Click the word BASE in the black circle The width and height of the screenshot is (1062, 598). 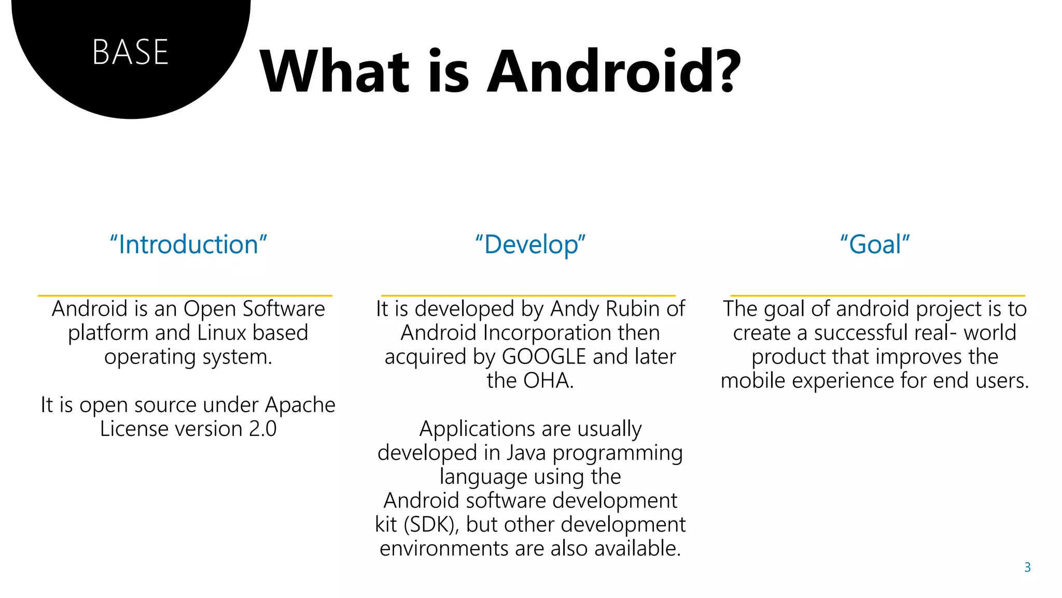(x=130, y=52)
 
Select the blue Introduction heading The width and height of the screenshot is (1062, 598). (x=188, y=244)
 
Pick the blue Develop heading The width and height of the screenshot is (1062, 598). (x=530, y=244)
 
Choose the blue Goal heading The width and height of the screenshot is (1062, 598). (x=875, y=244)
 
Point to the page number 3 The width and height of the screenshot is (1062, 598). (x=1027, y=567)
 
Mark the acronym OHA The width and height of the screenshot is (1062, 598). (x=548, y=380)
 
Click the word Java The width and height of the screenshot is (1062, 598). (x=526, y=453)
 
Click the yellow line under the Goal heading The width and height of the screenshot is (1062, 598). (x=877, y=295)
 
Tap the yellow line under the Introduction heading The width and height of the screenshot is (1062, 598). (x=185, y=295)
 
